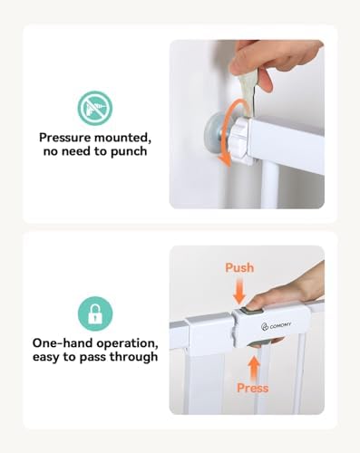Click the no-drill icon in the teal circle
[95, 108]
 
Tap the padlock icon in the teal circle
[95, 313]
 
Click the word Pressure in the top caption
[64, 138]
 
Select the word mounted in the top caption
[122, 138]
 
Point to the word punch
[129, 151]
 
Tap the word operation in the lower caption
[128, 344]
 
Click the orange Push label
[239, 267]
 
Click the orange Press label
[253, 388]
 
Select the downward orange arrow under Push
[239, 291]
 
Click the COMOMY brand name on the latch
[280, 325]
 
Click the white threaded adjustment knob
[241, 138]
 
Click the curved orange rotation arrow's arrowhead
[225, 159]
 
